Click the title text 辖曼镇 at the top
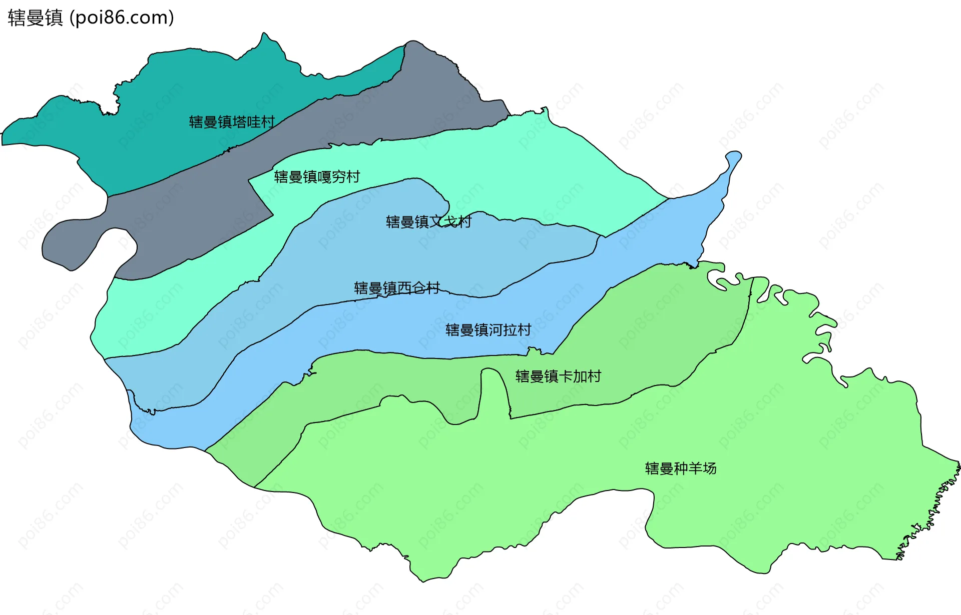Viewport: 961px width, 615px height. pos(35,18)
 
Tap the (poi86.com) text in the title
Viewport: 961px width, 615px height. pos(122,18)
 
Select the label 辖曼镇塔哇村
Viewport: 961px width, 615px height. pos(232,122)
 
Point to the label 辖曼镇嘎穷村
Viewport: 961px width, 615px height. pos(317,177)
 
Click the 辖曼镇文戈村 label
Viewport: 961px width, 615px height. pos(428,222)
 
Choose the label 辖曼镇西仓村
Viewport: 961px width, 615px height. pos(397,288)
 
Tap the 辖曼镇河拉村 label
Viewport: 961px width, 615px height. pos(488,330)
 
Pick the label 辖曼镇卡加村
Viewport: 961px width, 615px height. pos(558,376)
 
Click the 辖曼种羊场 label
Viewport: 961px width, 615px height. pos(681,468)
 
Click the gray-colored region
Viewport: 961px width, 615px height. pos(350,120)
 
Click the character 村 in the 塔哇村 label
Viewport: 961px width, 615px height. pos(268,122)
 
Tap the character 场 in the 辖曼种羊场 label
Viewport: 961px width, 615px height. pos(710,468)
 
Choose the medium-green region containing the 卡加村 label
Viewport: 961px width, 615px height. pos(651,340)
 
